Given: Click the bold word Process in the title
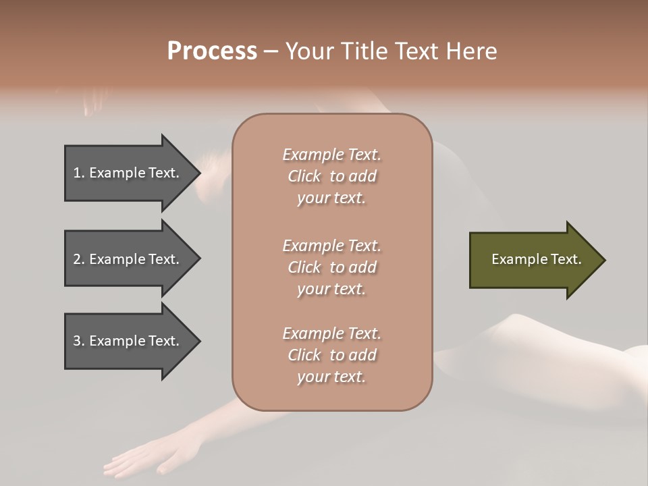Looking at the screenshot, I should (x=212, y=51).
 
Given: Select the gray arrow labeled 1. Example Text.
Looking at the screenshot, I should (x=128, y=173).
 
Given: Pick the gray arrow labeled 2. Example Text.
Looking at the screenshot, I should (x=128, y=259).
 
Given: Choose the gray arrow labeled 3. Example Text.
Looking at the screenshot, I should (x=128, y=341).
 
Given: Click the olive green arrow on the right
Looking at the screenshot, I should (x=533, y=260).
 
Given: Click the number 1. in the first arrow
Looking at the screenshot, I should (x=78, y=173).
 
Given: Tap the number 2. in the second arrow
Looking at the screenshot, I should (x=78, y=259).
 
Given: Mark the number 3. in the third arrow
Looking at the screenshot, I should (x=78, y=341).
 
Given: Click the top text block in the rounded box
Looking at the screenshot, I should (x=331, y=176).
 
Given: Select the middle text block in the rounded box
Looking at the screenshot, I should (x=331, y=267).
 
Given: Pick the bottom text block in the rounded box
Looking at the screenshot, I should (x=331, y=355).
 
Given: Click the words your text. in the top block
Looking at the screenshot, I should (x=331, y=198).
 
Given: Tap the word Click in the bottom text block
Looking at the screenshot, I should (x=304, y=355).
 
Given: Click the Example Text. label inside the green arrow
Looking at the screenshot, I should (x=536, y=259).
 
